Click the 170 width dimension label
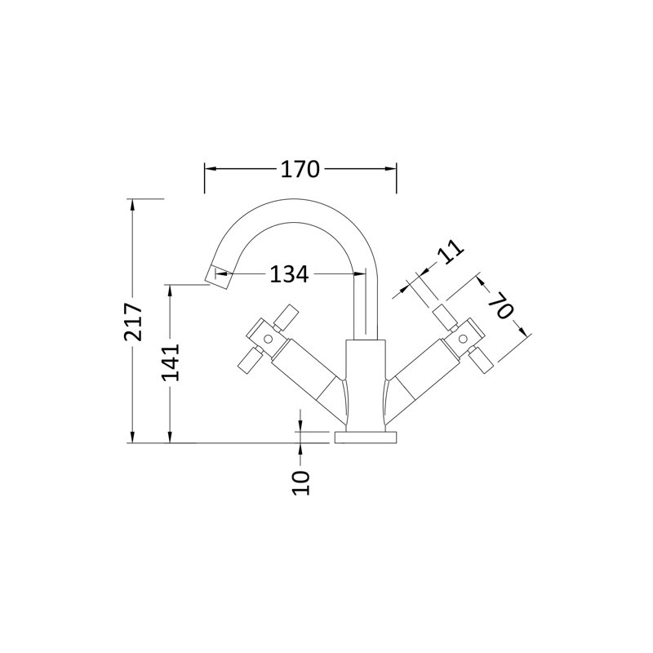click(x=300, y=170)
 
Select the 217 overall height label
click(x=133, y=322)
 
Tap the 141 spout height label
click(x=171, y=362)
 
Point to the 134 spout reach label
click(x=290, y=274)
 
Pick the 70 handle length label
click(x=500, y=306)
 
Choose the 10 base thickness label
click(x=301, y=482)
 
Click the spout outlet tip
click(x=219, y=278)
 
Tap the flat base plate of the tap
click(x=366, y=438)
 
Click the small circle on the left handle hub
click(x=269, y=340)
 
